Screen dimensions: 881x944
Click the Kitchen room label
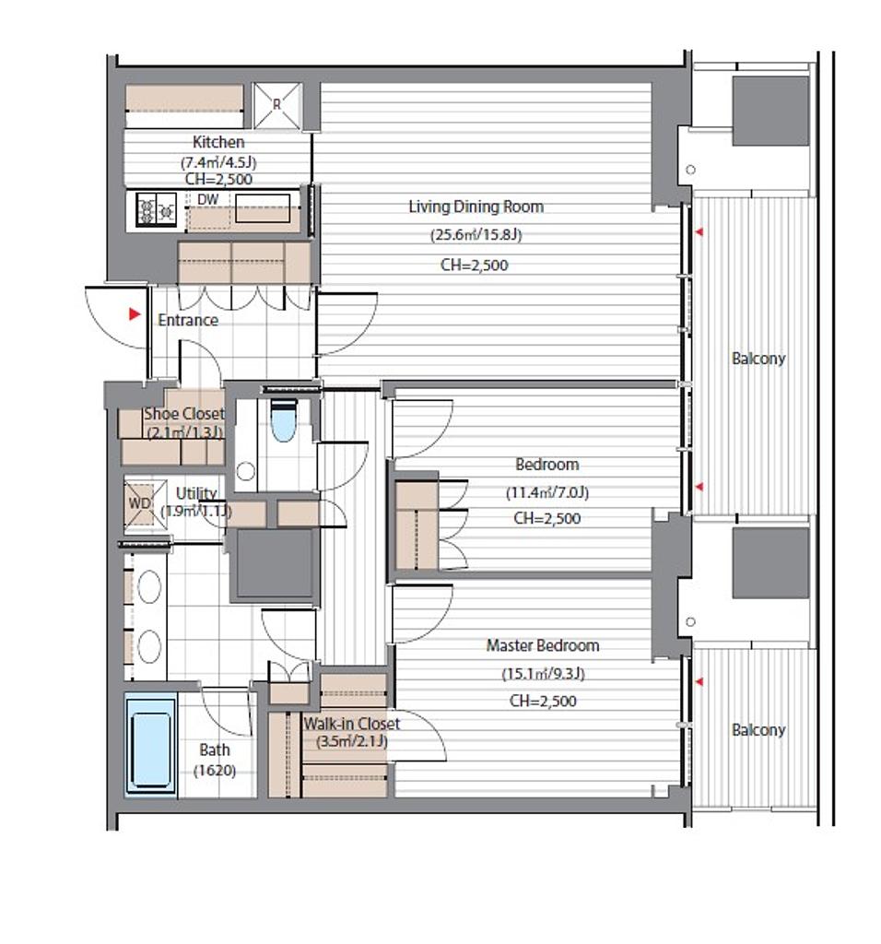(x=218, y=142)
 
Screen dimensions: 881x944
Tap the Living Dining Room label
(x=476, y=206)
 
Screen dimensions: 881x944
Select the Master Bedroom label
(x=543, y=645)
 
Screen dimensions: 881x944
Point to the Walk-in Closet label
(x=351, y=723)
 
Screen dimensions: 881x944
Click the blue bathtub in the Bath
(x=151, y=744)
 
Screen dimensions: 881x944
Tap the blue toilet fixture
(x=284, y=420)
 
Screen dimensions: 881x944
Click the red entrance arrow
(x=135, y=313)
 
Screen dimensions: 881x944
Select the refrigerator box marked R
(x=276, y=105)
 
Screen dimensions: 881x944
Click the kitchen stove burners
(x=157, y=209)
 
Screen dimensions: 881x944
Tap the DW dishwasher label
(x=208, y=199)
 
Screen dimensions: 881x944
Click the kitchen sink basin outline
(x=263, y=208)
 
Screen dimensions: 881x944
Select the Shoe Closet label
(x=184, y=414)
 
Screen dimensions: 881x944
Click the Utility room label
(x=196, y=493)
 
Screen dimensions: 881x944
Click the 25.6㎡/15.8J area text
(x=476, y=235)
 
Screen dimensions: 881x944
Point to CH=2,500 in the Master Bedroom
(x=543, y=701)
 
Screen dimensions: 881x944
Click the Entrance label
(x=188, y=320)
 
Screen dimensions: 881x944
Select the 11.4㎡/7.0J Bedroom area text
(x=547, y=492)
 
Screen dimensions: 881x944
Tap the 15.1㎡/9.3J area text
(x=543, y=673)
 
